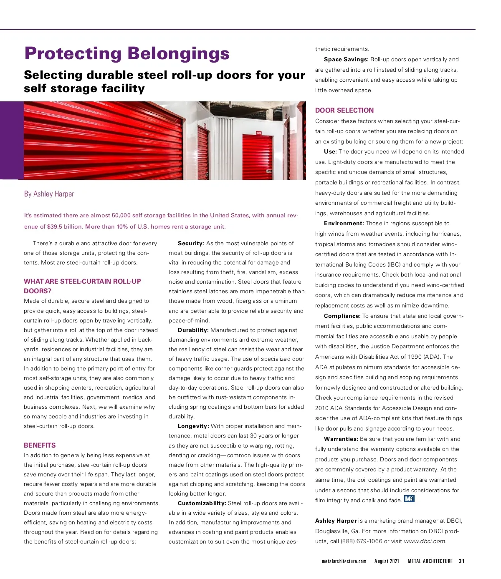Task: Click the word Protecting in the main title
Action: point(73,54)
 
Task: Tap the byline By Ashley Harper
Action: point(49,194)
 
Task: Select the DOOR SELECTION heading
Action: point(344,111)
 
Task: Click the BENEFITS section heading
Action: point(40,446)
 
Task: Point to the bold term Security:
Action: point(191,244)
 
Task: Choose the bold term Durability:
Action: point(193,330)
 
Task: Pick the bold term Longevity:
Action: point(193,426)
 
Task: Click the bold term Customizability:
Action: point(202,503)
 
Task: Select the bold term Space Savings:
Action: point(346,60)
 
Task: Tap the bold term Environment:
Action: point(344,224)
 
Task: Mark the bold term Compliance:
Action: point(342,316)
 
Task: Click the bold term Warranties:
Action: point(341,439)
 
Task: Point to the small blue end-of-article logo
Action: point(409,499)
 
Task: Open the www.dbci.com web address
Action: point(425,541)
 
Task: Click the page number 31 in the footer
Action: point(461,561)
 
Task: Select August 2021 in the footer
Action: point(387,561)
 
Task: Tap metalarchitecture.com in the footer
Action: point(344,561)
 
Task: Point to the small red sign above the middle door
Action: point(259,133)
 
